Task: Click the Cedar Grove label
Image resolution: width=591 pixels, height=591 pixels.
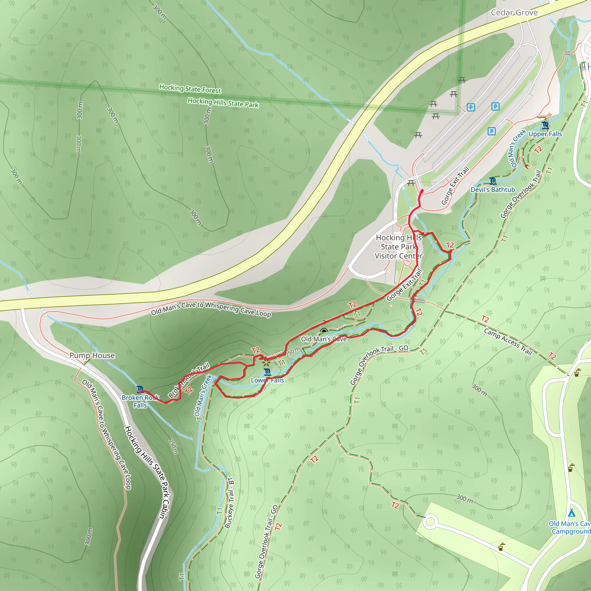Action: click(514, 12)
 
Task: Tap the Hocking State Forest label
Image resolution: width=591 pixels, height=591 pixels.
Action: click(190, 89)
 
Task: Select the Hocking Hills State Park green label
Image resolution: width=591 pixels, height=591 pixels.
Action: click(223, 103)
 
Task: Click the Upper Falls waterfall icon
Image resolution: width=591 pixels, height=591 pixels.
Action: click(545, 125)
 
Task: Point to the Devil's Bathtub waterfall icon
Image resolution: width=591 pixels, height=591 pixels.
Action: click(493, 181)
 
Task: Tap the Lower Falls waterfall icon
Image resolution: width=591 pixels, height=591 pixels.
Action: click(267, 372)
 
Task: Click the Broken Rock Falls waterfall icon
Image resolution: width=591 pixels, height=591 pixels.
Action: click(140, 389)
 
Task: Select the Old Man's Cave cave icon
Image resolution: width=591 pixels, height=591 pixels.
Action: click(324, 331)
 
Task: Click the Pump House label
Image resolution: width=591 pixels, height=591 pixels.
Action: click(92, 356)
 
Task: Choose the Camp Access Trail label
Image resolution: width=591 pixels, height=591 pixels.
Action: click(508, 342)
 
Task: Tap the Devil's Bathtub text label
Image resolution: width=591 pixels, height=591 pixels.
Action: click(493, 190)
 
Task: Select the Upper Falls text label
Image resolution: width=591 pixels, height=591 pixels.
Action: click(545, 134)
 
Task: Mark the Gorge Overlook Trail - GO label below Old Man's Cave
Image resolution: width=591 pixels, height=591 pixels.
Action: click(379, 365)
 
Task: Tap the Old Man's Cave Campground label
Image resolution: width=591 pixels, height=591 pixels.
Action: click(570, 528)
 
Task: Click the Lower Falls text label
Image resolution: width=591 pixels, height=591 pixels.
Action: click(267, 380)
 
